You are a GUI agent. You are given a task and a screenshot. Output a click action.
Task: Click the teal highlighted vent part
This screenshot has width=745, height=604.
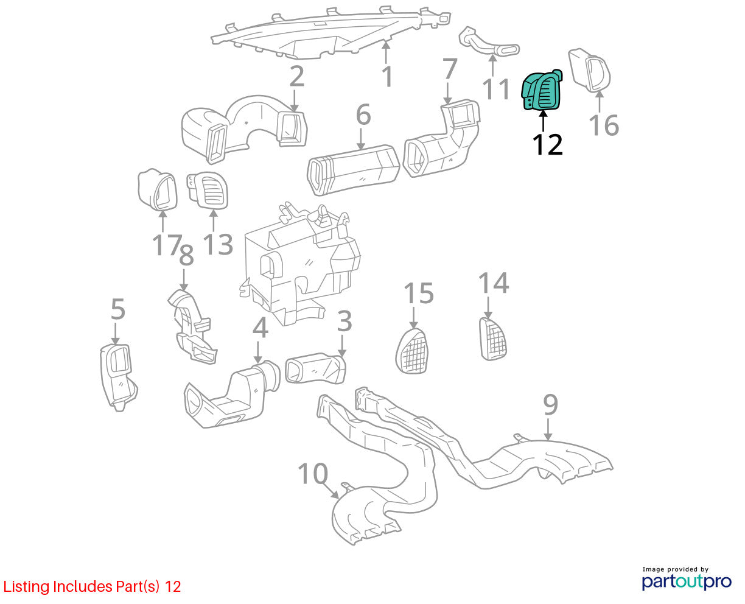[x=542, y=90]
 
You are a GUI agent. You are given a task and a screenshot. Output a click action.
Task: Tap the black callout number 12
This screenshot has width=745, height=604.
[x=547, y=144]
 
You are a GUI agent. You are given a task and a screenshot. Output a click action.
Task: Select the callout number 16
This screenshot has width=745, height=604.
[x=604, y=125]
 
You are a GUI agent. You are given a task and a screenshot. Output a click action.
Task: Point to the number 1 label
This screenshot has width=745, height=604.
[x=387, y=77]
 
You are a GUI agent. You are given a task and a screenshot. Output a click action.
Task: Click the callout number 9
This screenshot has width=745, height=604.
[x=550, y=404]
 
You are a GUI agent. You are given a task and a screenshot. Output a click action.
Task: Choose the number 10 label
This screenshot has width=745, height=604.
[x=313, y=474]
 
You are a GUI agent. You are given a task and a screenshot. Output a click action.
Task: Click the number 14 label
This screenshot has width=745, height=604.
[x=494, y=283]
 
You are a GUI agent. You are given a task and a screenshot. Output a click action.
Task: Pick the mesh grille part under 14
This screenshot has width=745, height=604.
[x=493, y=339]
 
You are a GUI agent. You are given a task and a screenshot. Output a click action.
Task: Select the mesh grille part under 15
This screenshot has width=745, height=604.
[x=411, y=350]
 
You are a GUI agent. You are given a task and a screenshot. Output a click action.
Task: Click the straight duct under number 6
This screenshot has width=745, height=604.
[x=353, y=170]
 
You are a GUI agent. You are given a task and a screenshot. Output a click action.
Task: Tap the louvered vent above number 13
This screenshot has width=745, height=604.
[x=208, y=191]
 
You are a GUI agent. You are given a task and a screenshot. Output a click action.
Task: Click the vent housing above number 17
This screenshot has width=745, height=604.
[x=158, y=190]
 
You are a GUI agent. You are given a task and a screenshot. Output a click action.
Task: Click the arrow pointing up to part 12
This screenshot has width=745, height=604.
[x=543, y=121]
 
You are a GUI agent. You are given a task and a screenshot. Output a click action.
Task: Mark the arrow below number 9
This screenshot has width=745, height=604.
[x=548, y=429]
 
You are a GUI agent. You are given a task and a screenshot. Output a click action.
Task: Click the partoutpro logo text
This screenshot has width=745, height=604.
[x=686, y=581]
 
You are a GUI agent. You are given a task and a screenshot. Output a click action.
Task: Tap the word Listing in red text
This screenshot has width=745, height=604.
[x=26, y=587]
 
